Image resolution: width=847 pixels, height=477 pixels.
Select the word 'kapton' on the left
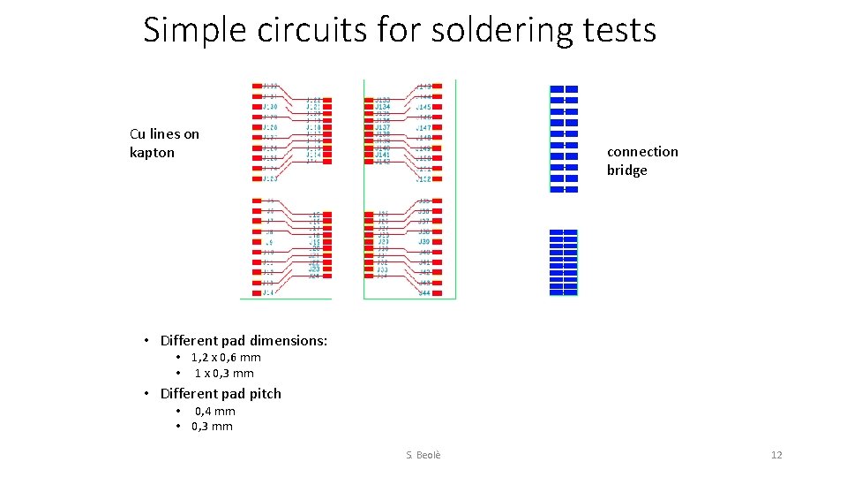click(152, 153)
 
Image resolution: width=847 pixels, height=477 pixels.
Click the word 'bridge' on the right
click(626, 170)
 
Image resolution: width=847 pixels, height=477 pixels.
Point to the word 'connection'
click(642, 152)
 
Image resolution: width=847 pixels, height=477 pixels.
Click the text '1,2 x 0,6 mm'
click(226, 358)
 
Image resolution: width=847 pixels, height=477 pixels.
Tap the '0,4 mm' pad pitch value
click(214, 412)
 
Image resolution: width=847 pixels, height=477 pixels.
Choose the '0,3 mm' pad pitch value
click(212, 427)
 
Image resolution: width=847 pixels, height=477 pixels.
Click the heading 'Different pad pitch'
click(221, 394)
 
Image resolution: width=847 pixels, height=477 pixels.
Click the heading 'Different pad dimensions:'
click(244, 341)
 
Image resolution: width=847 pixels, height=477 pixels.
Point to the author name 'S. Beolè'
click(423, 455)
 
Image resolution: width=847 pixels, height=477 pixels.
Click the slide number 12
click(776, 455)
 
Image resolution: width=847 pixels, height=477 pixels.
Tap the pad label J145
click(424, 107)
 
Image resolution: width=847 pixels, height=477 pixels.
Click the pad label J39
click(423, 242)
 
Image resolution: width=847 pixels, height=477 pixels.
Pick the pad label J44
click(424, 293)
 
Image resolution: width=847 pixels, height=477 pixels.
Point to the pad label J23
click(314, 269)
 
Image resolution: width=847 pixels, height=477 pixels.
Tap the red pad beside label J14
click(255, 291)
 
